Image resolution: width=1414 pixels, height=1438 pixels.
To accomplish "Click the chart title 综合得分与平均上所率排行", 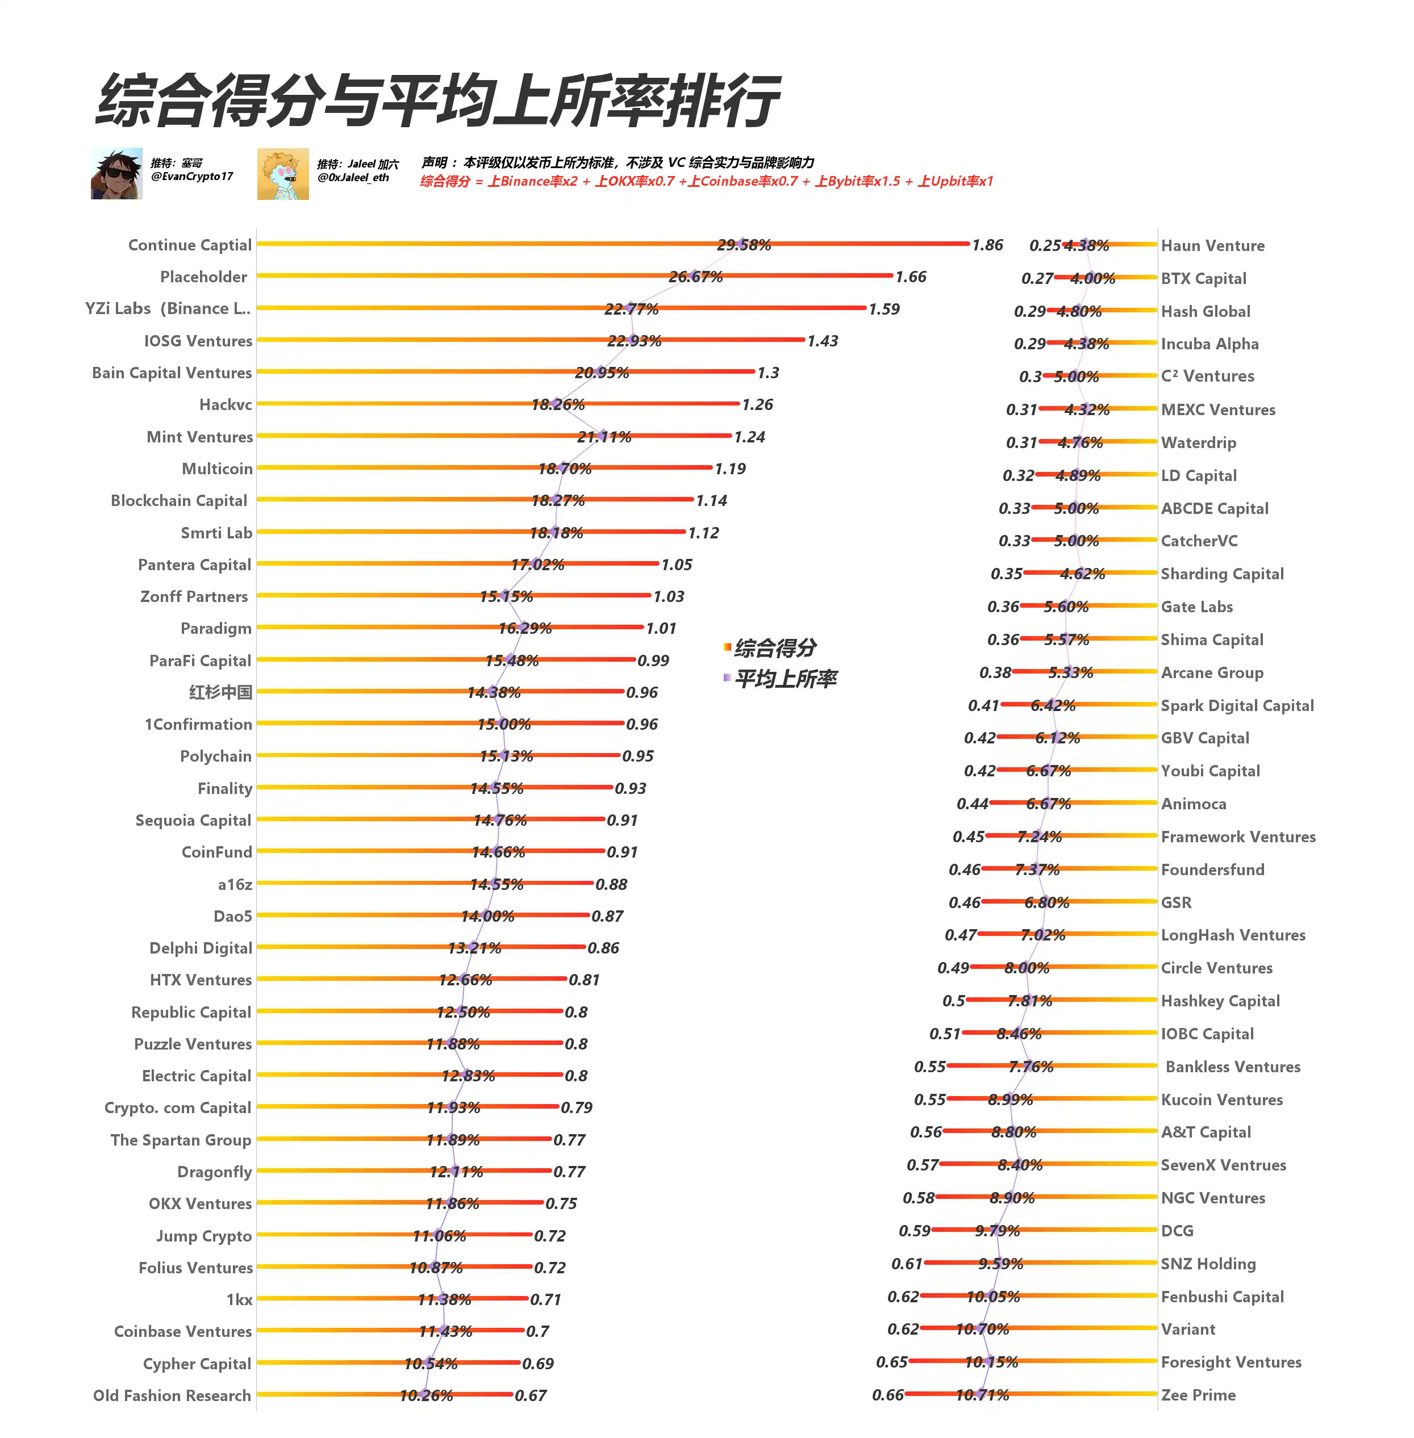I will click(x=438, y=100).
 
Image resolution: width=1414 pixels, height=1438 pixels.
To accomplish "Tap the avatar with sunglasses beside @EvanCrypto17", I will click(x=116, y=174).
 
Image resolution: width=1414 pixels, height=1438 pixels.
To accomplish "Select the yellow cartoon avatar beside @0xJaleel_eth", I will click(x=283, y=174).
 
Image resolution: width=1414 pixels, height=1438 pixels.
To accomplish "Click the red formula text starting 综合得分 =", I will click(x=706, y=181).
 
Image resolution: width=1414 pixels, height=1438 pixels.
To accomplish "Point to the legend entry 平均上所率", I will click(x=785, y=679).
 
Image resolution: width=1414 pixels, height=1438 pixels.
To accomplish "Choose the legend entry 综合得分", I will click(x=774, y=648).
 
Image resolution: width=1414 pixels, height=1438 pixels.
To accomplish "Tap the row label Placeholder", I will click(x=203, y=277).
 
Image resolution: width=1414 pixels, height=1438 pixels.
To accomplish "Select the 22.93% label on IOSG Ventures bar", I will click(x=634, y=341).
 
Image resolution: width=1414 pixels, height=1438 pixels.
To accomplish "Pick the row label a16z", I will click(x=235, y=884).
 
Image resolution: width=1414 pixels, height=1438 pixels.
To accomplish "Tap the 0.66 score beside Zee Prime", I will click(x=887, y=1395).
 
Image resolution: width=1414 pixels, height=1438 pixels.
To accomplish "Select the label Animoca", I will click(x=1194, y=804).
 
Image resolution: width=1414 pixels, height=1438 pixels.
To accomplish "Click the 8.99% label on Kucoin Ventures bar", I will click(x=1010, y=1100).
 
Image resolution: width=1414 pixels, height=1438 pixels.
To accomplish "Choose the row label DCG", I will click(x=1177, y=1231).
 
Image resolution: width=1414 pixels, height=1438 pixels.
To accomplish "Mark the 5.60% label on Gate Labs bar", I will click(x=1066, y=607).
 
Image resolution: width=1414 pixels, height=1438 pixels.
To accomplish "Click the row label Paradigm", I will click(x=216, y=629).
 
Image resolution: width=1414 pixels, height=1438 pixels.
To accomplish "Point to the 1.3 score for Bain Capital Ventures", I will click(x=768, y=373).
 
